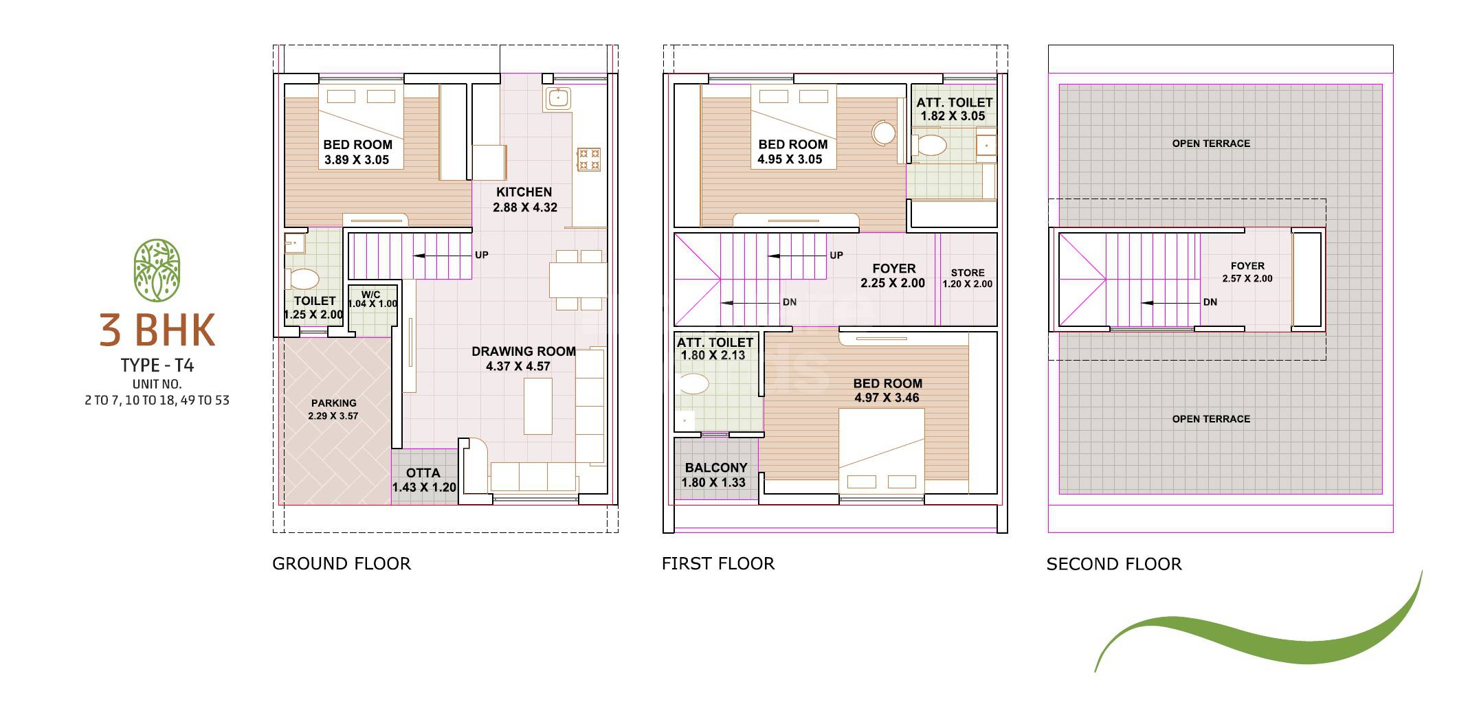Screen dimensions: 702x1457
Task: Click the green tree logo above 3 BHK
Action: point(157,271)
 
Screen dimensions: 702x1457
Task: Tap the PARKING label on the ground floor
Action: point(333,403)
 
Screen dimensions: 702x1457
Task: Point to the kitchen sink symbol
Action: point(558,98)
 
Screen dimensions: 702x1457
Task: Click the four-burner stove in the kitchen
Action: point(588,159)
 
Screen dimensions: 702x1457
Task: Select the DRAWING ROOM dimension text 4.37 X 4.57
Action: point(518,367)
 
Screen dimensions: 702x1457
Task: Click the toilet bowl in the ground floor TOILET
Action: point(302,279)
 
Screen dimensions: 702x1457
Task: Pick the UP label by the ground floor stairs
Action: point(482,255)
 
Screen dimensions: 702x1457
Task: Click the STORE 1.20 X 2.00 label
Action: point(967,278)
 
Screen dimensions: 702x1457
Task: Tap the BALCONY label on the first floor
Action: point(715,468)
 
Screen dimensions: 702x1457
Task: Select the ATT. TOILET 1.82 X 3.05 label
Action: point(954,109)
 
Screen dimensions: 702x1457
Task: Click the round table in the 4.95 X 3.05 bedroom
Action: point(884,133)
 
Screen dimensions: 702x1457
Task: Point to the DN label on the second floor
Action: point(1210,302)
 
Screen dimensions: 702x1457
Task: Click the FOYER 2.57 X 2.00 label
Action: point(1247,272)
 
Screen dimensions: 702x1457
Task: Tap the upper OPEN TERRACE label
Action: point(1211,144)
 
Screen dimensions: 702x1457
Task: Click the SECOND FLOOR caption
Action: point(1113,564)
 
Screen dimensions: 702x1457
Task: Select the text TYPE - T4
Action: point(157,365)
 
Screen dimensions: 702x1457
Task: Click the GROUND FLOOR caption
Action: point(341,564)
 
